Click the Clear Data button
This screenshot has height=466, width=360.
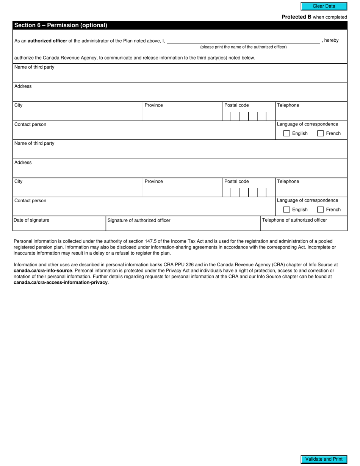click(x=324, y=6)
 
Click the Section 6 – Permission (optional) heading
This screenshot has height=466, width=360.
click(x=61, y=25)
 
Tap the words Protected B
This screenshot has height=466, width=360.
click(x=296, y=17)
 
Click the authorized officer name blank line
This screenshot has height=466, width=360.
click(x=243, y=41)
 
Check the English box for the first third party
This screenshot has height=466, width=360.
click(x=286, y=133)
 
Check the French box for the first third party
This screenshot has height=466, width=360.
click(x=320, y=133)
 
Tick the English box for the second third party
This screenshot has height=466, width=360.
click(x=286, y=210)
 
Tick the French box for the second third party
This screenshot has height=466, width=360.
click(x=320, y=210)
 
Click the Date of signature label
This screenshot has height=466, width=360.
click(x=31, y=220)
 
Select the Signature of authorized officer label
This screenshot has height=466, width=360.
click(x=139, y=220)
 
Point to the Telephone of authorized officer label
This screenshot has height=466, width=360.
click(x=294, y=220)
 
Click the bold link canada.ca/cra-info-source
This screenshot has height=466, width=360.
click(x=43, y=271)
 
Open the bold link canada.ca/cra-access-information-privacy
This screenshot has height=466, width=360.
click(x=61, y=283)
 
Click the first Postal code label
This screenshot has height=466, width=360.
click(x=236, y=105)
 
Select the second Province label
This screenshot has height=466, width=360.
click(x=153, y=181)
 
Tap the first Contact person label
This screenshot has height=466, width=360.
click(x=30, y=124)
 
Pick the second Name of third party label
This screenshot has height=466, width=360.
click(x=34, y=143)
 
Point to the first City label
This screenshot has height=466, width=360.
click(x=18, y=105)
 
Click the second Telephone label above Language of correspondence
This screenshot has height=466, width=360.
click(x=288, y=181)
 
